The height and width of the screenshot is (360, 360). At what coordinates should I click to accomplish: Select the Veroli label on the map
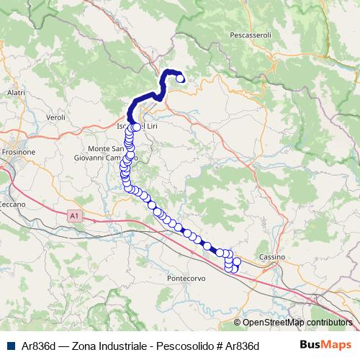(x=55, y=117)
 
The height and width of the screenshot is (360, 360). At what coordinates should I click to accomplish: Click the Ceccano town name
(x=12, y=204)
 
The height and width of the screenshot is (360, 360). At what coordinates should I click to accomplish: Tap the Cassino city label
(x=273, y=257)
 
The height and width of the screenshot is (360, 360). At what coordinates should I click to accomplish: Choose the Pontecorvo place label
(x=186, y=277)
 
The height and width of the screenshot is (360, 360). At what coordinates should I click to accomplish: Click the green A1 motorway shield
(x=74, y=215)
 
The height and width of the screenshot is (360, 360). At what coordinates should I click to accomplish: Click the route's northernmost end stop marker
(x=180, y=80)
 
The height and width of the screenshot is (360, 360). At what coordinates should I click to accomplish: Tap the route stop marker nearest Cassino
(x=237, y=260)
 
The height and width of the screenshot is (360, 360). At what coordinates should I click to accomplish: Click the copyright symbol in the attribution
(x=237, y=323)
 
